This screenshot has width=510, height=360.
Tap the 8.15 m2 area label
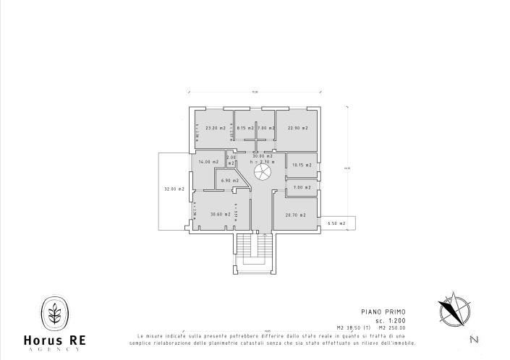pyautogui.click(x=247, y=128)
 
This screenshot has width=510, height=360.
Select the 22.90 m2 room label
pyautogui.click(x=297, y=128)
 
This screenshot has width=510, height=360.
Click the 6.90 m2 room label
pyautogui.click(x=229, y=180)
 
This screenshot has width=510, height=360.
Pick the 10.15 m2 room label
pyautogui.click(x=302, y=165)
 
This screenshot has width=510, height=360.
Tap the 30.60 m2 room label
pyautogui.click(x=220, y=214)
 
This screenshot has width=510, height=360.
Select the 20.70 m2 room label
pyautogui.click(x=295, y=215)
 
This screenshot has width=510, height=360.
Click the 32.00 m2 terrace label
pyautogui.click(x=174, y=189)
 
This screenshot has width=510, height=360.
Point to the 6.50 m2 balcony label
pyautogui.click(x=336, y=224)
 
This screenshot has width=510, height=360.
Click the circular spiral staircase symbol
pyautogui.click(x=262, y=173)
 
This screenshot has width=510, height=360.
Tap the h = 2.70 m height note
pyautogui.click(x=262, y=162)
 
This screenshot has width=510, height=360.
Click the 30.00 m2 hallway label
pyautogui.click(x=262, y=156)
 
